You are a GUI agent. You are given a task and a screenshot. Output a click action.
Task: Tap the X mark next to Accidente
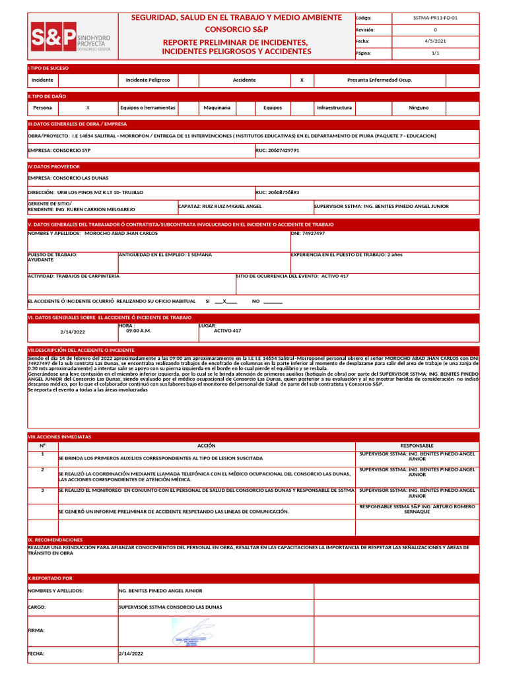[x=302, y=80]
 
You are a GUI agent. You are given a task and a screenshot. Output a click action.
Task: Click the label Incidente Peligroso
[x=148, y=80]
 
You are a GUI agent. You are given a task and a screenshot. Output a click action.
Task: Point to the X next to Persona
[x=88, y=107]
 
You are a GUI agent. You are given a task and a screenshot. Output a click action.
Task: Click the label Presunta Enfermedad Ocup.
[x=380, y=80]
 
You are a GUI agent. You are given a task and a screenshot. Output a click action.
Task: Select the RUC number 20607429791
[x=277, y=150]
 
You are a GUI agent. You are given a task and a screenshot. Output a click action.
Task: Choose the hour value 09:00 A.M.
[x=139, y=331]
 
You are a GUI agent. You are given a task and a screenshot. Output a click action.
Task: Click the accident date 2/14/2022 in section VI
[x=73, y=331]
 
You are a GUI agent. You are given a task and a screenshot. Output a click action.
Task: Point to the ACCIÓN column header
[x=207, y=446]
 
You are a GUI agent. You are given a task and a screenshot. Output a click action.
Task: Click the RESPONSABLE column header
[x=417, y=446]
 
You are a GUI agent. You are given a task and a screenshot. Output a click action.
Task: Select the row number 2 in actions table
[x=42, y=469]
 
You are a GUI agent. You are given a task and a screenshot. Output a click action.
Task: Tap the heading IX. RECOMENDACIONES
[x=55, y=539]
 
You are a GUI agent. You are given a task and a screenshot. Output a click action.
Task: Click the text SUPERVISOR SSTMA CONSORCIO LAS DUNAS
[x=170, y=607]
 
